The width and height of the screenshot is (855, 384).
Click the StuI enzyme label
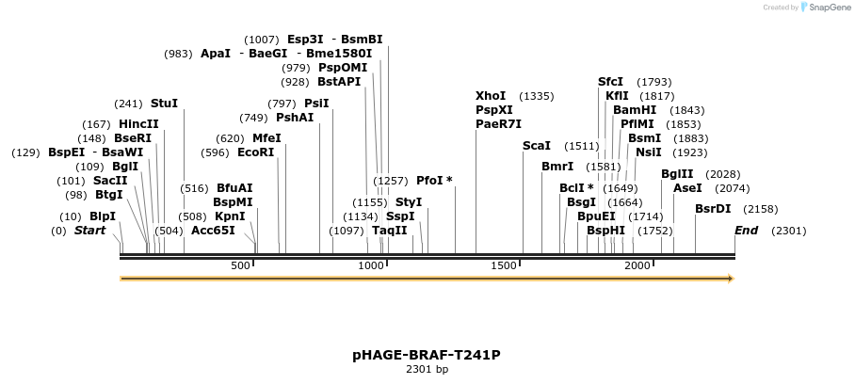click(164, 104)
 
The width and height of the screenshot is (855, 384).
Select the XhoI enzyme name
click(491, 96)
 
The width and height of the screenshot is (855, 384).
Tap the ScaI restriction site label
click(537, 146)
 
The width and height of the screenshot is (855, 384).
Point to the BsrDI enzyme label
click(713, 209)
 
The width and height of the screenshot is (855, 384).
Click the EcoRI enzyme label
click(255, 152)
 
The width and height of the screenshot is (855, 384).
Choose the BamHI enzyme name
click(635, 110)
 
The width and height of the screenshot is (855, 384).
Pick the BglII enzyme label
click(677, 174)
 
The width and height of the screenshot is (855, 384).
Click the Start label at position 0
click(89, 231)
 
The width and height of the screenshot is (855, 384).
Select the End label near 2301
click(746, 231)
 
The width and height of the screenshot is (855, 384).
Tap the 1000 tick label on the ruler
click(371, 265)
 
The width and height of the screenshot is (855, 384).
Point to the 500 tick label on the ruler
click(240, 265)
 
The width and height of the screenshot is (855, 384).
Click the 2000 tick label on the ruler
click(637, 265)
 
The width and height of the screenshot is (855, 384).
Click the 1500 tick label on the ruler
click(505, 265)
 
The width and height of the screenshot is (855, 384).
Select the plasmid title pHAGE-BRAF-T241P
click(427, 355)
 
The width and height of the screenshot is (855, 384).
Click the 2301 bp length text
click(427, 369)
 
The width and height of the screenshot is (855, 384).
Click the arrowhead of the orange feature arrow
click(729, 279)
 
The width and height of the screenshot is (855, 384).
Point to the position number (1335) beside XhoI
click(537, 96)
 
